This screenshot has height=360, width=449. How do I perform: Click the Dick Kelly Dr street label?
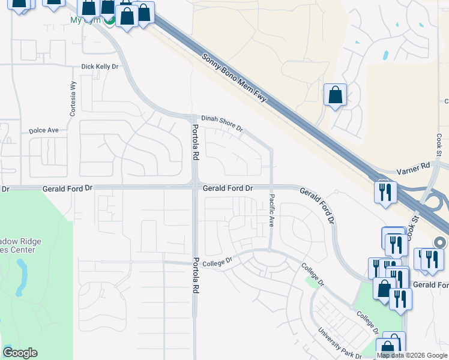[100, 67]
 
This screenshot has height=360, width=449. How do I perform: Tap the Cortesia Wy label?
[73, 98]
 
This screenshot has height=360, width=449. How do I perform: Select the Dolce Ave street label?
[44, 130]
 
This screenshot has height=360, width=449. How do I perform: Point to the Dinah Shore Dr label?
[221, 123]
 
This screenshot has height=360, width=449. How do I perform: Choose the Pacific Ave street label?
[271, 210]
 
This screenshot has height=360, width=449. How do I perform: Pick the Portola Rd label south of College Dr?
[196, 275]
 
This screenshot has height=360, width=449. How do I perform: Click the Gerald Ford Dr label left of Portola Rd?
[67, 188]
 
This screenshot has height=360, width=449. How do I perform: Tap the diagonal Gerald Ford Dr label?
[316, 205]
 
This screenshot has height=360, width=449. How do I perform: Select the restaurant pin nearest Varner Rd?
[384, 193]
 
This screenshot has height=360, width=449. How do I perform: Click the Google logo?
[20, 353]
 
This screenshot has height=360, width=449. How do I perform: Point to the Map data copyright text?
[412, 355]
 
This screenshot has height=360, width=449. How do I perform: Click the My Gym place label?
[84, 20]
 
